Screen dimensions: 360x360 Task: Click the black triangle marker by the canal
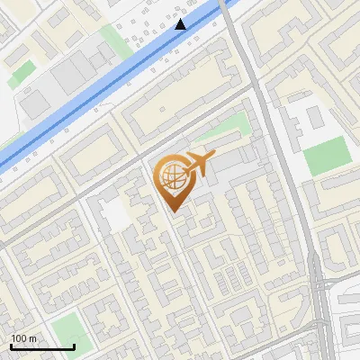pyautogui.click(x=182, y=24)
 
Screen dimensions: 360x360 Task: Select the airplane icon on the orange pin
pyautogui.click(x=196, y=164)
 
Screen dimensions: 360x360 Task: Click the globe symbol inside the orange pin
pyautogui.click(x=171, y=179)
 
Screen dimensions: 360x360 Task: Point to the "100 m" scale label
pyautogui.click(x=23, y=339)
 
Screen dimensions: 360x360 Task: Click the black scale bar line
pyautogui.click(x=42, y=347)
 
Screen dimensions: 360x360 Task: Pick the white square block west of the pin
pyautogui.click(x=114, y=214)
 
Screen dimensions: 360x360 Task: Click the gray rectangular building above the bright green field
pyautogui.click(x=312, y=118)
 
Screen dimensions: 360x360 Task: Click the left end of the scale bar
pyautogui.click(x=11, y=347)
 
